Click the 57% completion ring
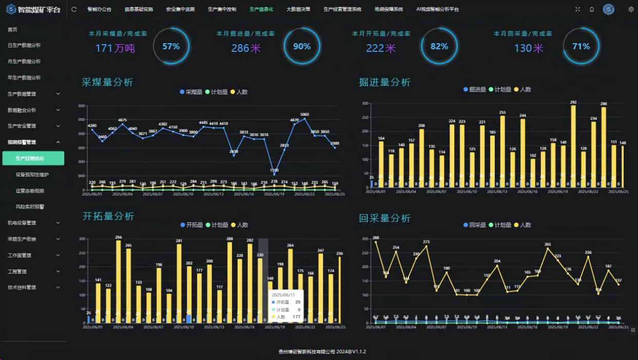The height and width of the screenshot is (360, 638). tap(171, 47)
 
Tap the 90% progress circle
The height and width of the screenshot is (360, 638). tap(302, 47)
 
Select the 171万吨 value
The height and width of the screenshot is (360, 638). tap(115, 49)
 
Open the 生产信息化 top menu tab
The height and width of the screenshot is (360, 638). tap(261, 9)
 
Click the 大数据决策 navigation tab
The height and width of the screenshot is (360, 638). tap(298, 9)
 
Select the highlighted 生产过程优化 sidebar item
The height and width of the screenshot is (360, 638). tap(33, 158)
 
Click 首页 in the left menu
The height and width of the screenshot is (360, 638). tap(13, 29)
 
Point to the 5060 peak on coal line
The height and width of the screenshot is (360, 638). tap(304, 119)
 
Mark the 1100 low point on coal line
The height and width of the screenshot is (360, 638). tap(274, 175)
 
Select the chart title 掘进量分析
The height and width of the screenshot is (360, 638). tap(384, 82)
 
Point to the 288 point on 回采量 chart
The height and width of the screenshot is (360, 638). tap(376, 242)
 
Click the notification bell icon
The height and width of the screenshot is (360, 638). tap(592, 9)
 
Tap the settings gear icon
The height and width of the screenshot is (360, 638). tap(631, 9)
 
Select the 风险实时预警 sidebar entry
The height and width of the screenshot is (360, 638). tap(30, 206)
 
